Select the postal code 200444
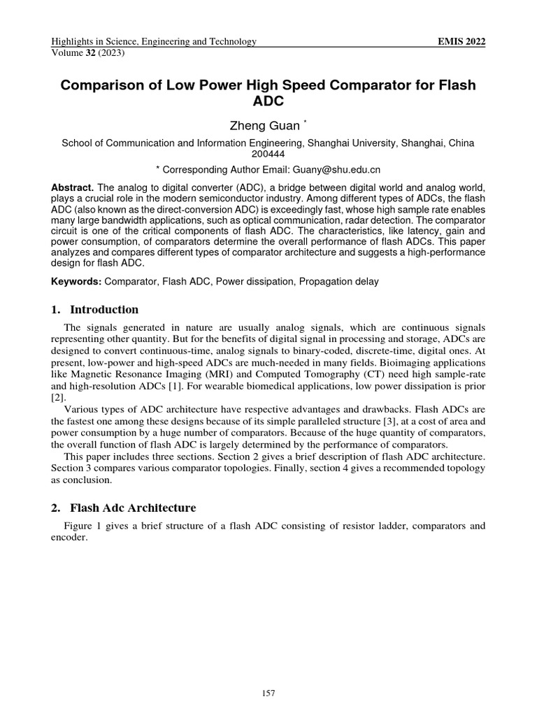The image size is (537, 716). click(268, 154)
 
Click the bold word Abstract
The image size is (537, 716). click(73, 189)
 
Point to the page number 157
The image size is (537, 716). click(268, 693)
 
